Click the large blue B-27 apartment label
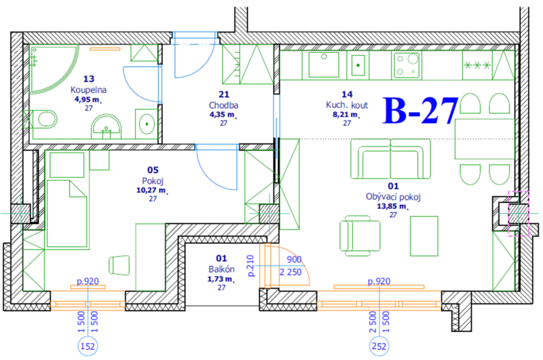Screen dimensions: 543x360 tap(420, 111)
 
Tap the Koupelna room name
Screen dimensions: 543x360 tap(88, 90)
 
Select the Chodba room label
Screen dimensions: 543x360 tap(223, 105)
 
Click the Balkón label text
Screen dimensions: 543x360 tap(221, 269)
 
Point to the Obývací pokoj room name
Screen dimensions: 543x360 tap(393, 197)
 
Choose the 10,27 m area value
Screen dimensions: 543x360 tap(151, 190)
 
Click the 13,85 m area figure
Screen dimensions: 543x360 tap(392, 206)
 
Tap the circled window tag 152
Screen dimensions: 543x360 tap(88, 346)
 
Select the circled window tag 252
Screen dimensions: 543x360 tap(379, 346)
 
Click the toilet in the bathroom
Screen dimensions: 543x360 tap(44, 119)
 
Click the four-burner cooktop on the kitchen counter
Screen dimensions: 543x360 tap(407, 65)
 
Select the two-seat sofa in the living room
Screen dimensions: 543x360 tap(391, 159)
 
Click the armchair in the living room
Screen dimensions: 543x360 tap(360, 236)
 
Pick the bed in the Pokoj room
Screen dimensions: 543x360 tap(67, 213)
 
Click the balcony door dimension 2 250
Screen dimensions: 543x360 tap(291, 272)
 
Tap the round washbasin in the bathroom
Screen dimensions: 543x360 tap(107, 126)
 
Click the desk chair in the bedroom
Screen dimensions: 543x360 tap(119, 266)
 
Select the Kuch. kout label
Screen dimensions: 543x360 tap(347, 105)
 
